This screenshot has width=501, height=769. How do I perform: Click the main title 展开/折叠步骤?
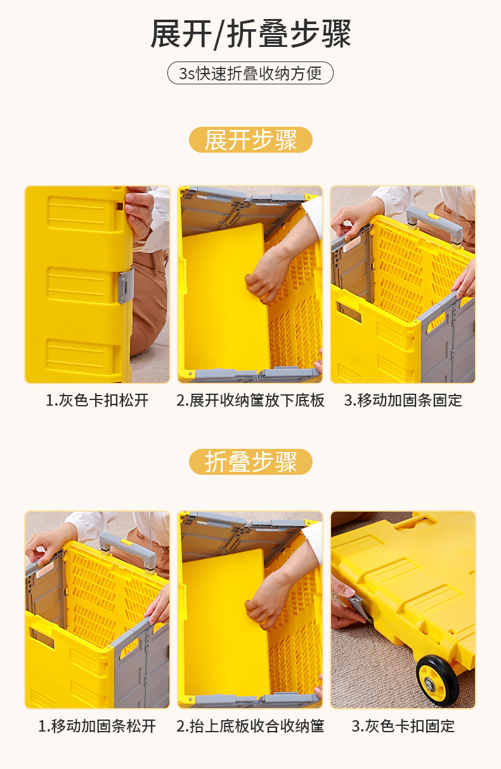tap(251, 34)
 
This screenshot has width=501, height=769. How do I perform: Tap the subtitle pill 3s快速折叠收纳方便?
tap(250, 74)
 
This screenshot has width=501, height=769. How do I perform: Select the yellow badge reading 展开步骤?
tap(251, 140)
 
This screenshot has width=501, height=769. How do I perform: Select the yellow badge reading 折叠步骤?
tap(251, 462)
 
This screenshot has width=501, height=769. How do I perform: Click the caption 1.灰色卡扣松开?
tap(97, 401)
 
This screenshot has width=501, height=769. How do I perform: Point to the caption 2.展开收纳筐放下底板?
tap(251, 401)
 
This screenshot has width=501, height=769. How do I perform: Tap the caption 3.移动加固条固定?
tap(403, 401)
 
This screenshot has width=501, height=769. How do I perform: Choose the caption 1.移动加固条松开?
tap(97, 726)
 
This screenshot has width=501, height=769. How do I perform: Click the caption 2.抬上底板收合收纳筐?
tap(251, 726)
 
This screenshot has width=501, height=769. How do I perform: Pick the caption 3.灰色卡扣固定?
tap(403, 726)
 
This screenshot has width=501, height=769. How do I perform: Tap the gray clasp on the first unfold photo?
tap(126, 285)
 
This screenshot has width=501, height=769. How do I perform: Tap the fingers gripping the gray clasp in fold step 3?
tap(346, 602)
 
